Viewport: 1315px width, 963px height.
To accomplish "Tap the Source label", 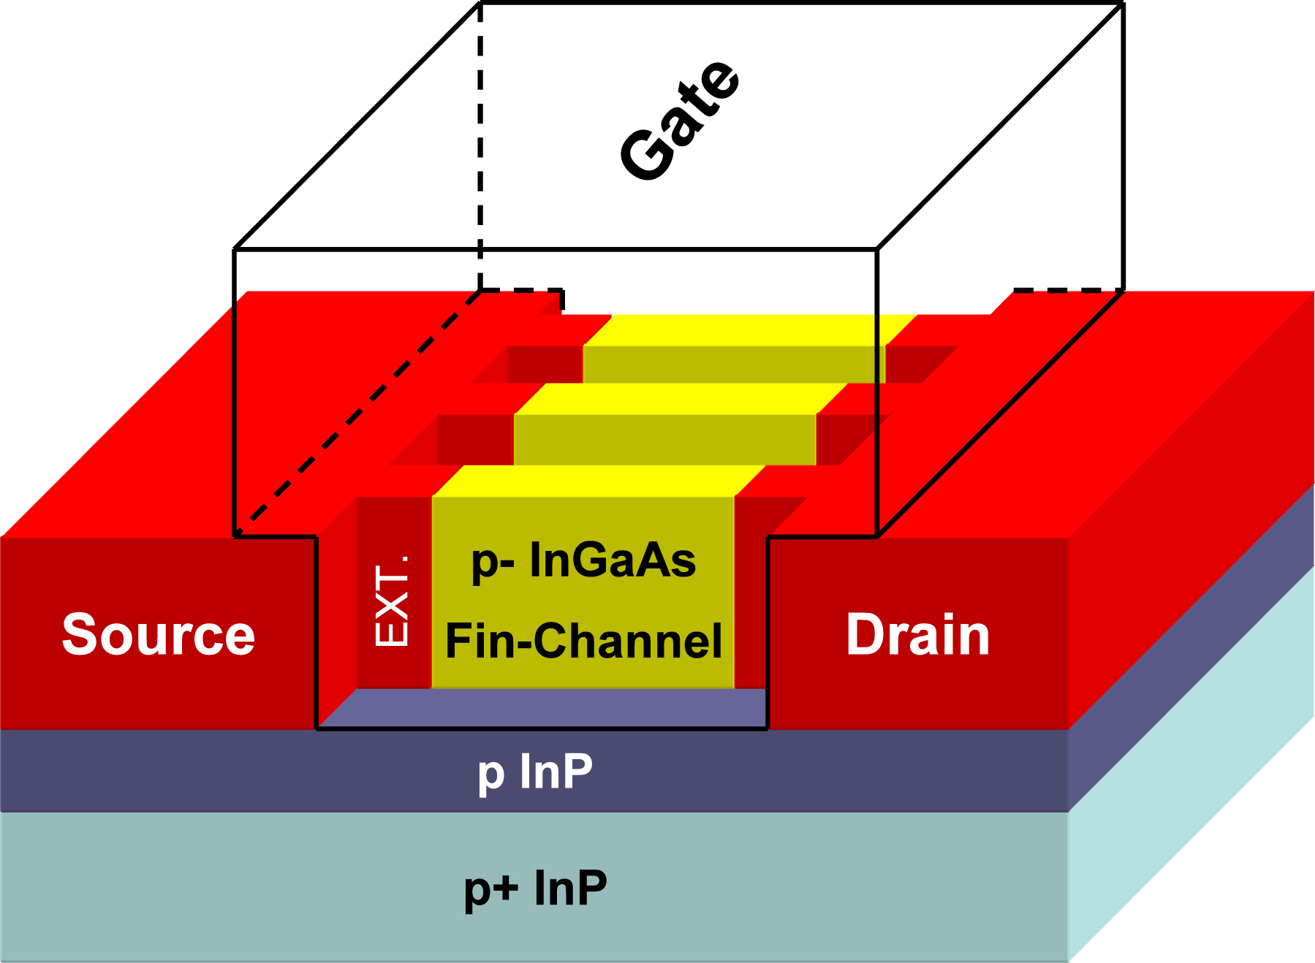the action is [159, 634].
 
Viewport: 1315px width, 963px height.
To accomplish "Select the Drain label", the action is [918, 634].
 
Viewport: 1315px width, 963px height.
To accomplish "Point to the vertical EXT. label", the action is [392, 601].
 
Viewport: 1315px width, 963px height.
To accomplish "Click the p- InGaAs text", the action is [583, 561].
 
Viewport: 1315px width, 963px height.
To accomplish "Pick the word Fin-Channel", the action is [583, 641].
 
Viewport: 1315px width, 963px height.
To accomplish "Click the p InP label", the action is [535, 772].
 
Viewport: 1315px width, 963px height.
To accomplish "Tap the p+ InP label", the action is [535, 888].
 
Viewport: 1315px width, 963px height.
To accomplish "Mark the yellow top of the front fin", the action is [599, 481].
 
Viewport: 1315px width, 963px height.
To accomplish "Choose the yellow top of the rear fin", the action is [750, 330].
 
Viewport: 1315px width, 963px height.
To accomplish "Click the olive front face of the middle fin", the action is [665, 440].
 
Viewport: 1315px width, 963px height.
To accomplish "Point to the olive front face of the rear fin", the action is [734, 365].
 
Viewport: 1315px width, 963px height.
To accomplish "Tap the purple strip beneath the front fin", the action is [542, 708].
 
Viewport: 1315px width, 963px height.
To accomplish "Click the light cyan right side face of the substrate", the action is [1191, 764].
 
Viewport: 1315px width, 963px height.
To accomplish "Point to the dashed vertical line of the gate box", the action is [480, 146].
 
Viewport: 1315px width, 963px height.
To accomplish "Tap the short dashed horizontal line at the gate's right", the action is [1069, 290].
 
